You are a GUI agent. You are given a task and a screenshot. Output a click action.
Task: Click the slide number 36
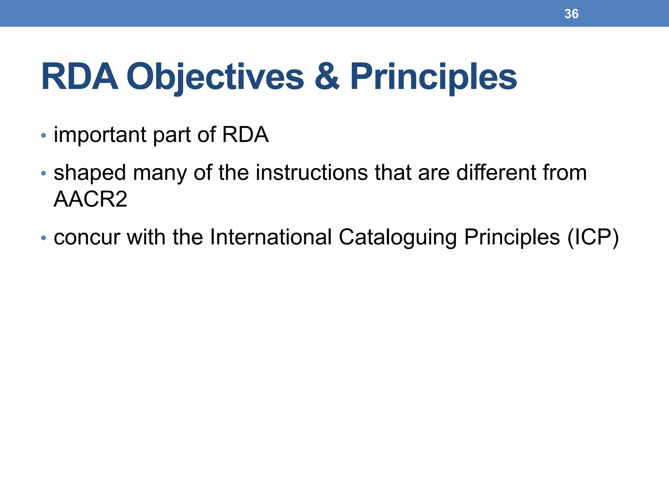571,14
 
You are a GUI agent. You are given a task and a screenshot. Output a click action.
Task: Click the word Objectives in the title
215,77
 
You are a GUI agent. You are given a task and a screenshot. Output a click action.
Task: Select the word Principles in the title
433,77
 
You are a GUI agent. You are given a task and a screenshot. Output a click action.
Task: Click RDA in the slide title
79,77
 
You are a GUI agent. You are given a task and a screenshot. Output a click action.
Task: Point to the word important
100,135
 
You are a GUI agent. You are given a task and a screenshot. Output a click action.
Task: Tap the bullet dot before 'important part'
43,135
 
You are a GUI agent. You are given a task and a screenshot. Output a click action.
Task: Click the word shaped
90,173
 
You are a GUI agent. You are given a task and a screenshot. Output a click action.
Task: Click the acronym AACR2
90,199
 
